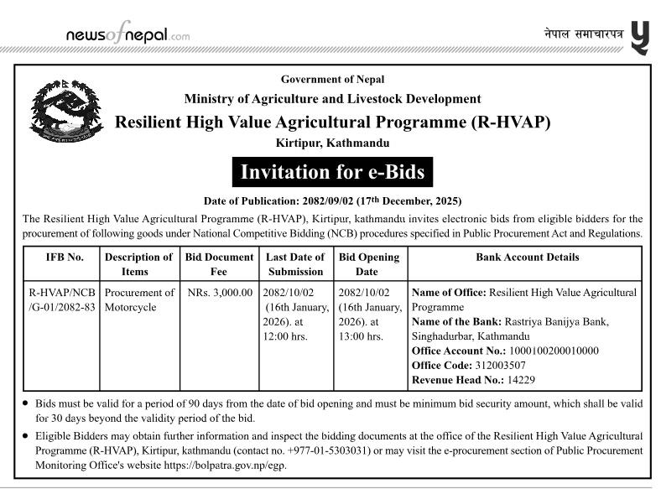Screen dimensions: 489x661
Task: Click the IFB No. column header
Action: pos(65,258)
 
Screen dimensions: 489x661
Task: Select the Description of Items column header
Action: pos(138,264)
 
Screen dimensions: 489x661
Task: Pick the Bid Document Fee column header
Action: pos(218,264)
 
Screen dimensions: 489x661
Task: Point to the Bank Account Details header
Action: pos(527,258)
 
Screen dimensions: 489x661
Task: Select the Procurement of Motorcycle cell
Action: pos(139,299)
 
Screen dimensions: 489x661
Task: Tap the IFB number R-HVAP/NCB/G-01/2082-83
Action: pos(63,299)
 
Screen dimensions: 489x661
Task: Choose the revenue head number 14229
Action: pos(520,380)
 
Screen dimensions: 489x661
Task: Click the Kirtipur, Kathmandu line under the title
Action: pos(332,143)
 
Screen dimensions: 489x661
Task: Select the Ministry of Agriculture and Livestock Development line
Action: pos(332,99)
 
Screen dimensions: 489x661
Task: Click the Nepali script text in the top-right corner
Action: pos(584,34)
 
